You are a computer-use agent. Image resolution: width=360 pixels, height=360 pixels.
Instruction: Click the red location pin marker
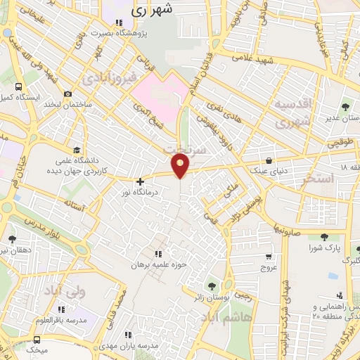click(x=181, y=165)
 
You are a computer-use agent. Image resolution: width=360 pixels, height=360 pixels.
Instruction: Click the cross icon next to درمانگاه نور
click(x=140, y=181)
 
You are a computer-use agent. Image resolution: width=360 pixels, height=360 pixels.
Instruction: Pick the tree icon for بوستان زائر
click(x=210, y=286)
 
